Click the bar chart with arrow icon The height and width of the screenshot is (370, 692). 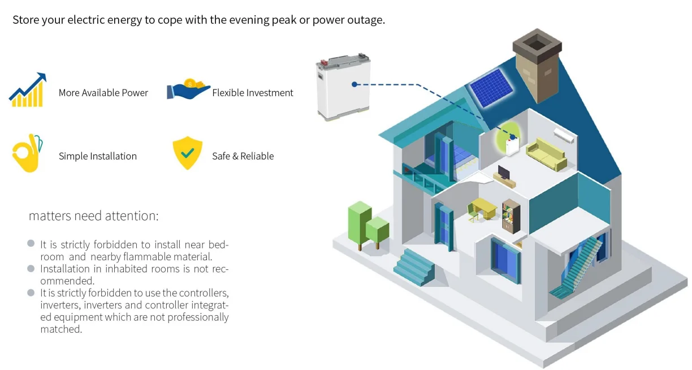click(27, 91)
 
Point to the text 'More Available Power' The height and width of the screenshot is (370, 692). click(103, 93)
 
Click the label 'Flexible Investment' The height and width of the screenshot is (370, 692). click(253, 93)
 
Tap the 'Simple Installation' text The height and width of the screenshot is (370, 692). click(97, 156)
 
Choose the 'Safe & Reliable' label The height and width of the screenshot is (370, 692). click(243, 156)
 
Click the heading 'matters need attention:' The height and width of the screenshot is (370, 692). click(94, 216)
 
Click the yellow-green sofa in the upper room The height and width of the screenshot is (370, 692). click(547, 155)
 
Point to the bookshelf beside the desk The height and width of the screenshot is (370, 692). click(511, 216)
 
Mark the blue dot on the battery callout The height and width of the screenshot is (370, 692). click(354, 84)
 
